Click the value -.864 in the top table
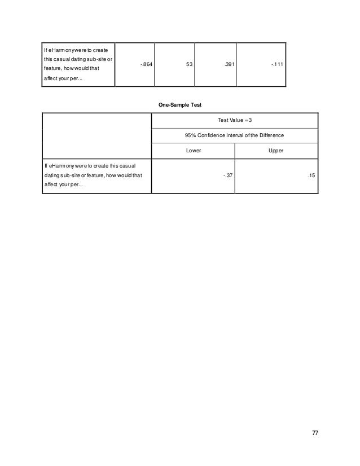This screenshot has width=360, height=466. pos(146,64)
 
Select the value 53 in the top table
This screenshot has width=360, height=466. pos(189,64)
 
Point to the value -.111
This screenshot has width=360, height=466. pos(276,64)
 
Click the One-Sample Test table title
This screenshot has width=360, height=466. pos(180,104)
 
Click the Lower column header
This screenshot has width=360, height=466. pos(193,151)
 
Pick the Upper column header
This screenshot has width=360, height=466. pos(276,151)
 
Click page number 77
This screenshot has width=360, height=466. pos(315,432)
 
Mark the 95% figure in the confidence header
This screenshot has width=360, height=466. pos(190,136)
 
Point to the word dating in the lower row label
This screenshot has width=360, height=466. pos(52,175)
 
